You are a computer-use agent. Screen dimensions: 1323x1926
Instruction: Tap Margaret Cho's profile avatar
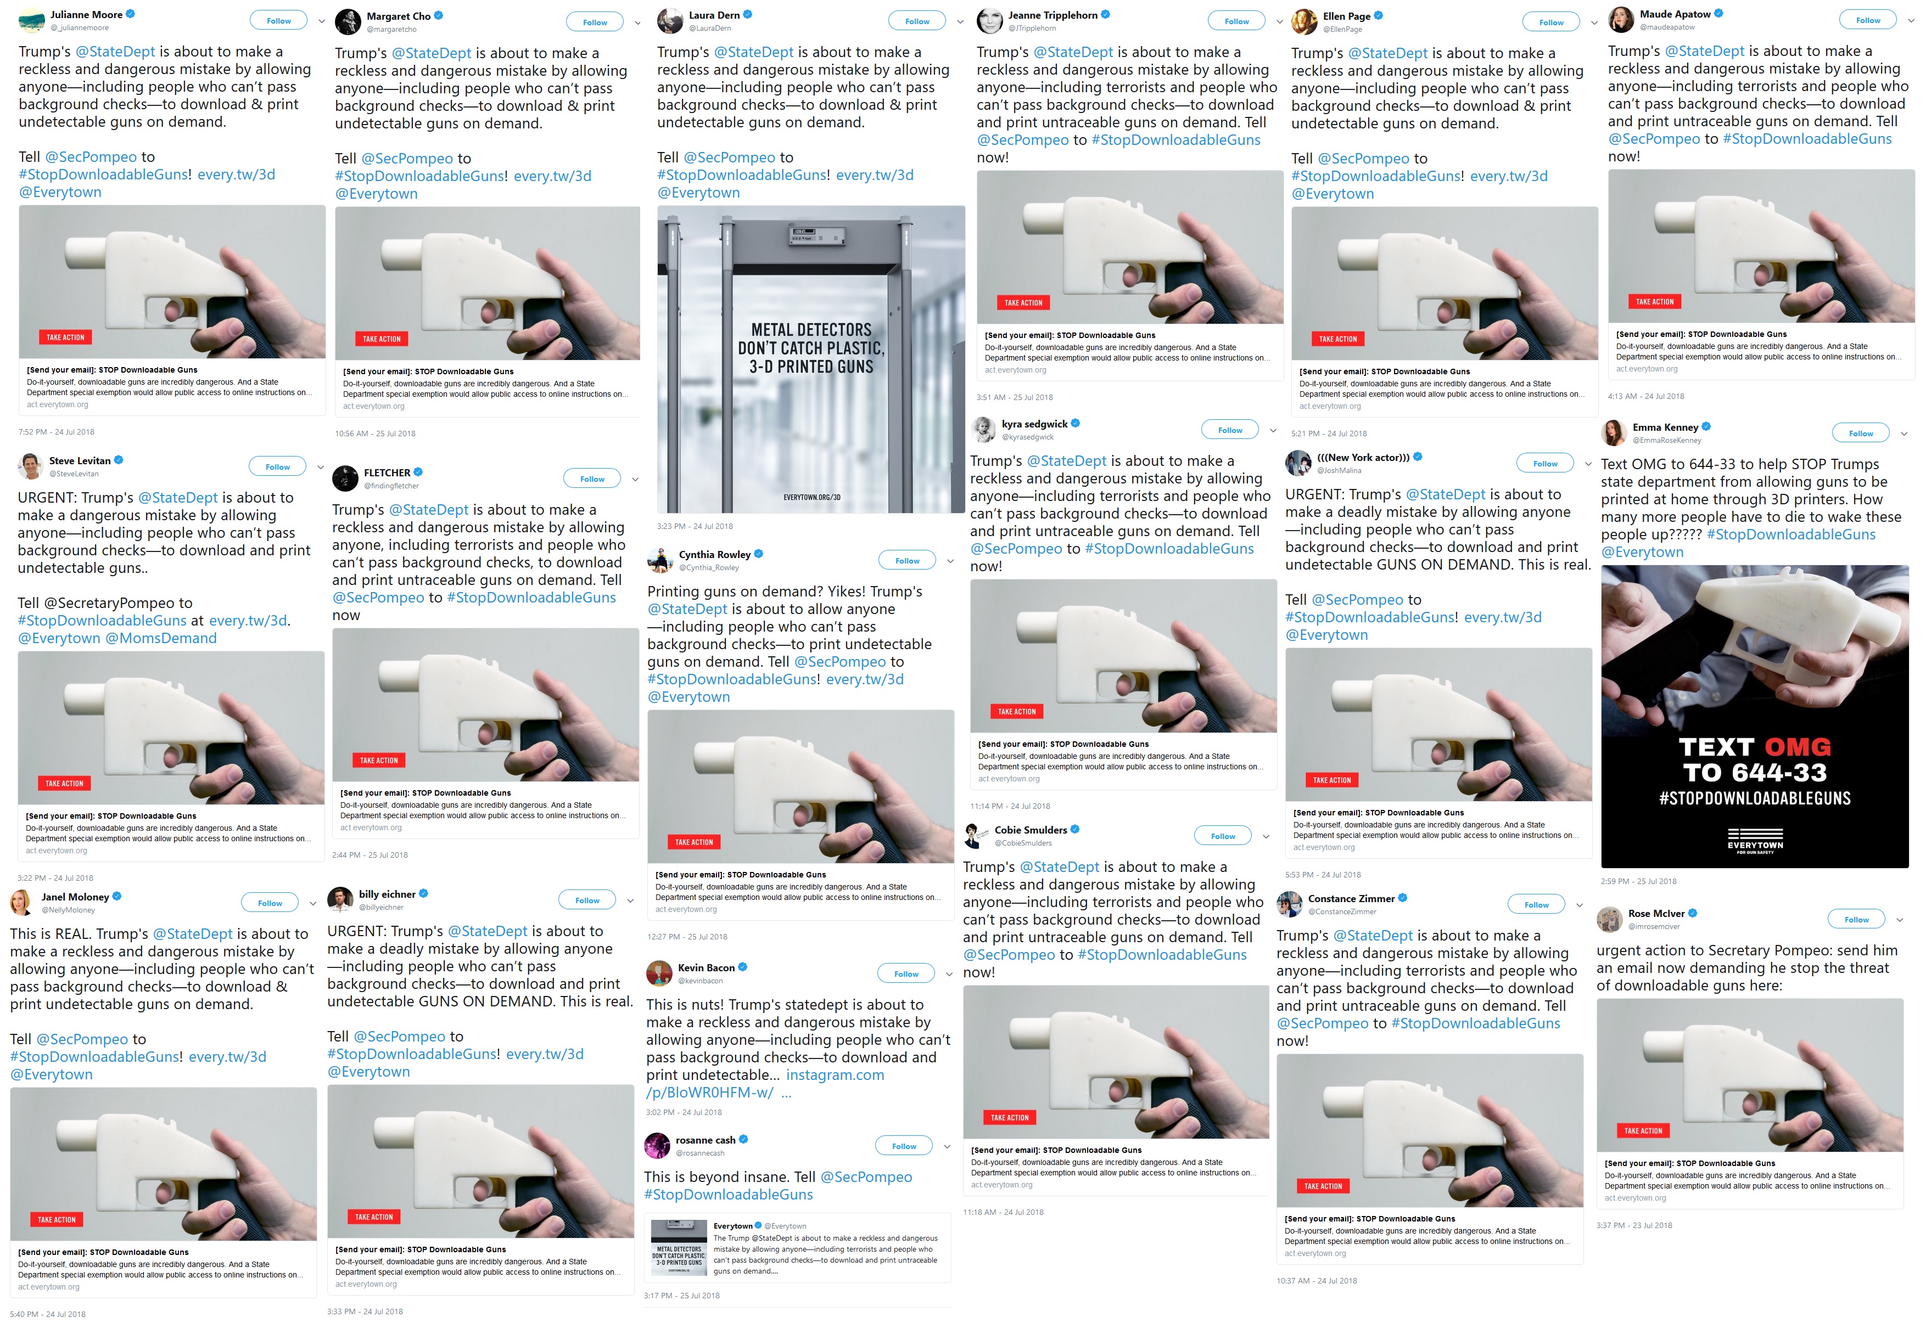pyautogui.click(x=348, y=21)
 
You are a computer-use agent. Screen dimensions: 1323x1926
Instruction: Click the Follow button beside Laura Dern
pyautogui.click(x=916, y=21)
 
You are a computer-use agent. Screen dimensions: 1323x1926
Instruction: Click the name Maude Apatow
pyautogui.click(x=1675, y=14)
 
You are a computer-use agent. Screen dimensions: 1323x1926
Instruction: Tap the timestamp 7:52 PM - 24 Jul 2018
pyautogui.click(x=57, y=432)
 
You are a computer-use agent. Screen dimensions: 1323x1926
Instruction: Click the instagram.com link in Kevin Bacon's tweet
pyautogui.click(x=835, y=1075)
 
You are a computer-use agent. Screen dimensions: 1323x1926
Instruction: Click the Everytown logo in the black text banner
pyautogui.click(x=1755, y=841)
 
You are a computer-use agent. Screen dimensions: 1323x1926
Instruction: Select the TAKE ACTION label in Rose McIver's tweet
pyautogui.click(x=1643, y=1131)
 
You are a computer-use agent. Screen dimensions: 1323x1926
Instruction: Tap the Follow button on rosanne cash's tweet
pyautogui.click(x=903, y=1146)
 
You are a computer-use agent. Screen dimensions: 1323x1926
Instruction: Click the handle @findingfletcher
pyautogui.click(x=391, y=486)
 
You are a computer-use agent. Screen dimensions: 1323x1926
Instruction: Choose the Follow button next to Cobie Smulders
pyautogui.click(x=1223, y=836)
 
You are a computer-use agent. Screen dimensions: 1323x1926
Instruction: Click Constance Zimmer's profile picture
pyautogui.click(x=1289, y=904)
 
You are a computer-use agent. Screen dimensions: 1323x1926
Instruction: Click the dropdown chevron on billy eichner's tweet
pyautogui.click(x=635, y=901)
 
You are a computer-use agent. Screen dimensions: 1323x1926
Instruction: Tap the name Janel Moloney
pyautogui.click(x=75, y=897)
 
